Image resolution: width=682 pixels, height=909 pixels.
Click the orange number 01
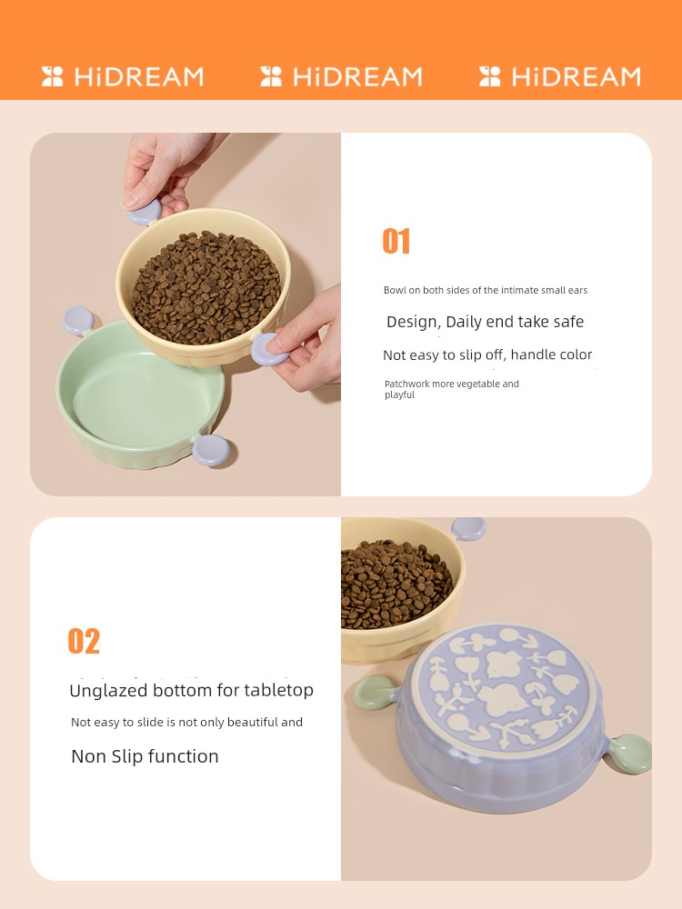[x=396, y=241]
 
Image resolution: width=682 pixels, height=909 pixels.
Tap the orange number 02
[x=84, y=641]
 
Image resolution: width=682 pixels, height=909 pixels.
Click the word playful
[x=399, y=395]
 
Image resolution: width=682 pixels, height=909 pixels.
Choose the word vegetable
[x=479, y=384]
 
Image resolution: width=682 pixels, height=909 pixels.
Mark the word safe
[x=568, y=322]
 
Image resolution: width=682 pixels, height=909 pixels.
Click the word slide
[x=150, y=723]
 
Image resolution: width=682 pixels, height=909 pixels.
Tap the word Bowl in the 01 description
[x=394, y=290]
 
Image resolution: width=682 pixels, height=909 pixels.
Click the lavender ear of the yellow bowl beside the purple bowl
[x=468, y=528]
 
